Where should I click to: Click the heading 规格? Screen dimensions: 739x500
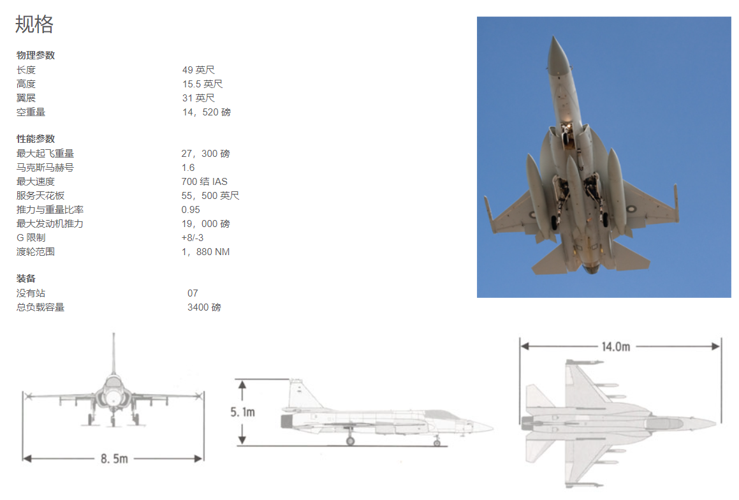pyautogui.click(x=34, y=24)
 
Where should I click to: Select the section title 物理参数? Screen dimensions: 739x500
pyautogui.click(x=36, y=55)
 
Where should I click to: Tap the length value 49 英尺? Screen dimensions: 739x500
pyautogui.click(x=198, y=70)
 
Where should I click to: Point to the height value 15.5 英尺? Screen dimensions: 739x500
pyautogui.click(x=202, y=84)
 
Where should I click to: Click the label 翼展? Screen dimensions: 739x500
pyautogui.click(x=26, y=98)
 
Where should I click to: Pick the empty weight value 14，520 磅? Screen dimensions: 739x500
pyautogui.click(x=207, y=112)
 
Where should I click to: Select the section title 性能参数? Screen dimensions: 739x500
pyautogui.click(x=36, y=139)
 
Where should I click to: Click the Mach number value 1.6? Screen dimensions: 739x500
pyautogui.click(x=188, y=168)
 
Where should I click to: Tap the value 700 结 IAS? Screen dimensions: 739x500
pyautogui.click(x=205, y=181)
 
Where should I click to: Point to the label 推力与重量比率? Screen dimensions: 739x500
pyautogui.click(x=50, y=210)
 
